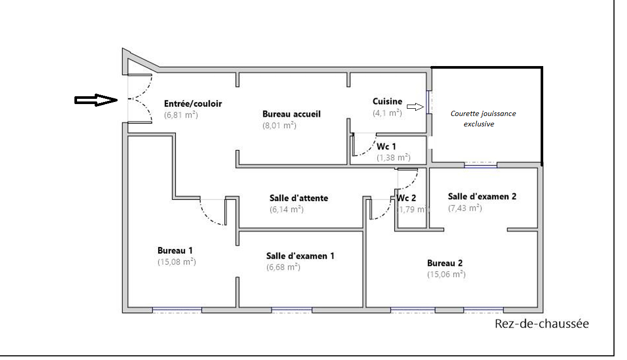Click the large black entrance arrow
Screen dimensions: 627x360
click(x=96, y=100)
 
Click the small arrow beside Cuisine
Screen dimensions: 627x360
click(x=415, y=107)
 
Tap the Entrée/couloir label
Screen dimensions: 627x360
click(x=193, y=104)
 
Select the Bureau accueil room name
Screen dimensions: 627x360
click(x=291, y=114)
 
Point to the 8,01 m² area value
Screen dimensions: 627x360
click(x=279, y=125)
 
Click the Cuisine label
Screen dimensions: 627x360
click(x=388, y=101)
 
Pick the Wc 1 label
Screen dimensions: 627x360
click(x=386, y=146)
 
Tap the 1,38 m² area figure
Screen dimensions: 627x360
click(x=393, y=157)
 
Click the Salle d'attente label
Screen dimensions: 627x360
click(x=299, y=198)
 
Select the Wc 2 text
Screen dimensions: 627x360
click(x=406, y=198)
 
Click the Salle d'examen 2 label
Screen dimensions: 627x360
click(x=482, y=197)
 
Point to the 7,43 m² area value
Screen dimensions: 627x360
click(x=465, y=208)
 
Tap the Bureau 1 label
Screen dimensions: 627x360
click(x=175, y=251)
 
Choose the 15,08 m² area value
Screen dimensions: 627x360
click(x=176, y=262)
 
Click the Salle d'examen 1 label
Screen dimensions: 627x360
click(x=300, y=256)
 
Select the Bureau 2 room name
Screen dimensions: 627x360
click(x=445, y=263)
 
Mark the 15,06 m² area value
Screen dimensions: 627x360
click(x=446, y=274)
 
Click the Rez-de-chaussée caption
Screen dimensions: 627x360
click(x=542, y=324)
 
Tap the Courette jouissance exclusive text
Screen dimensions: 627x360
click(x=483, y=119)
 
